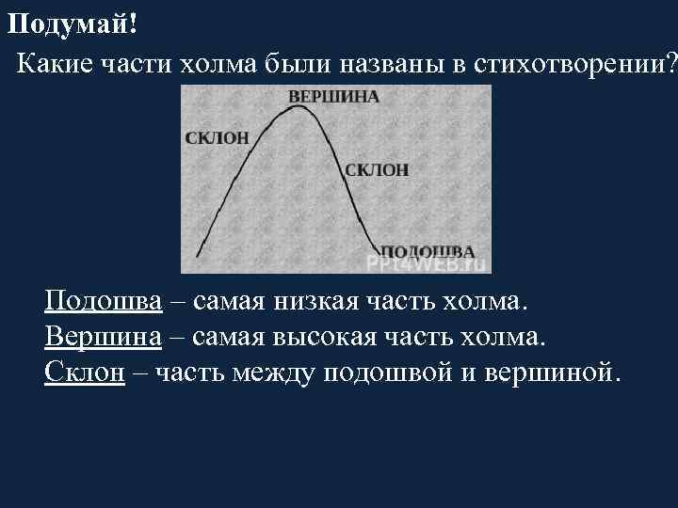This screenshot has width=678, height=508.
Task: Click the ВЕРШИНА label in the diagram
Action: (x=332, y=97)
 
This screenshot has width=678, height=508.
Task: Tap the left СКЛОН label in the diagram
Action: (x=218, y=137)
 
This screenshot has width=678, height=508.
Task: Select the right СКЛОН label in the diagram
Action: (x=377, y=169)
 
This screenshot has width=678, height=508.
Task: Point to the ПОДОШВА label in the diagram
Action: (x=426, y=251)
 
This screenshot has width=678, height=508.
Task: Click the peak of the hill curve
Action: (x=299, y=106)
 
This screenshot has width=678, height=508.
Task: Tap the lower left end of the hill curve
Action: (x=197, y=255)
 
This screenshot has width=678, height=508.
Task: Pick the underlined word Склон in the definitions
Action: (x=85, y=372)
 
